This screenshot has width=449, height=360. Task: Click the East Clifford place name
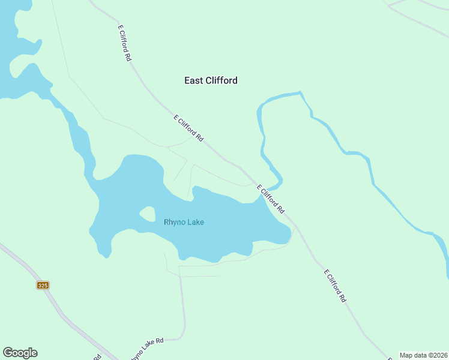coord(210,80)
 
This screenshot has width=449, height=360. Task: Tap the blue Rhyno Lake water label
coord(184,222)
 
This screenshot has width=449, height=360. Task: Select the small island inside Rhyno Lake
coord(148,213)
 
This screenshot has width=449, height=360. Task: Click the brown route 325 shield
coord(42,285)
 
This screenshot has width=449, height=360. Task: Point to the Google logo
coord(20,353)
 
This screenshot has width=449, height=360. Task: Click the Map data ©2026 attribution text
coord(423,355)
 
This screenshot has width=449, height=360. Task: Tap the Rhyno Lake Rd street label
coord(146,349)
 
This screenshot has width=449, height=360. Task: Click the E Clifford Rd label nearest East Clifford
coord(188,128)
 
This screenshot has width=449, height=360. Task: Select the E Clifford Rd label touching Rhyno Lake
coord(271,199)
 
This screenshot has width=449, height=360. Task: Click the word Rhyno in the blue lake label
coord(174,222)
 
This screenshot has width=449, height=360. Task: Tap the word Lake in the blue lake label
coord(195,222)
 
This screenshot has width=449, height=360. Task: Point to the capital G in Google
coord(8,353)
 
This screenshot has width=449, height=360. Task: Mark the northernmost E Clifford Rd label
coord(124,43)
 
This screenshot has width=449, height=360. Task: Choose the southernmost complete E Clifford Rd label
coord(335,286)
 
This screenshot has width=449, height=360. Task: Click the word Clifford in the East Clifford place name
coord(220,80)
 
